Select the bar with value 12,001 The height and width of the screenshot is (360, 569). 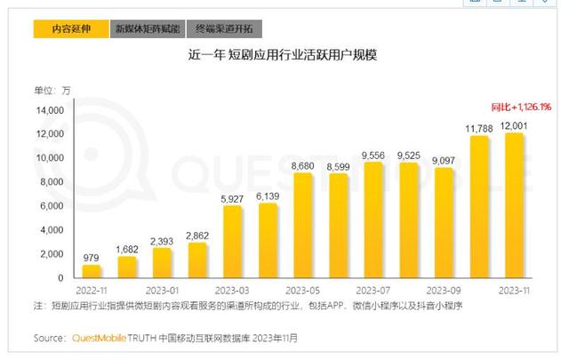coord(515,204)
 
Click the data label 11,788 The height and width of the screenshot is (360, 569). coord(479,128)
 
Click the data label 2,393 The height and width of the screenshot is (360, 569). coord(163,241)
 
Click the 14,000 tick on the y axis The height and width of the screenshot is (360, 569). coord(49,110)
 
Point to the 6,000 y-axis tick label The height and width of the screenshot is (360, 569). coord(52,205)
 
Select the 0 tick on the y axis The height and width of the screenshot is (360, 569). coord(60,277)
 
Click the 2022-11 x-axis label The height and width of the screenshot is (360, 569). coord(92,290)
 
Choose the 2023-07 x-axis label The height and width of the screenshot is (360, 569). coord(373,290)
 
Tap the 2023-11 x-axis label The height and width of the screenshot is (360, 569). coord(515,290)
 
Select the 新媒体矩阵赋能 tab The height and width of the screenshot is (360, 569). coord(147,28)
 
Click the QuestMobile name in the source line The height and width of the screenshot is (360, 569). coord(100,338)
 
